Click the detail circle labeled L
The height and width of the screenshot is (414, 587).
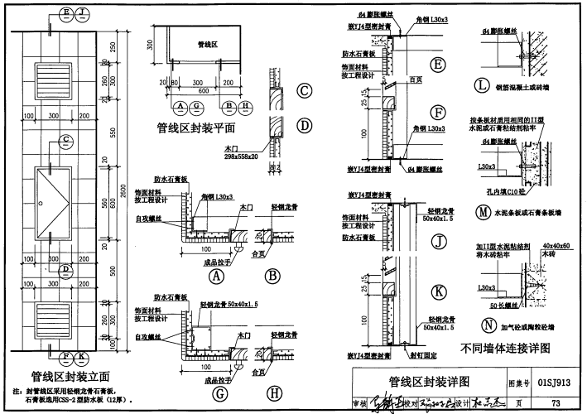[x=482, y=84]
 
